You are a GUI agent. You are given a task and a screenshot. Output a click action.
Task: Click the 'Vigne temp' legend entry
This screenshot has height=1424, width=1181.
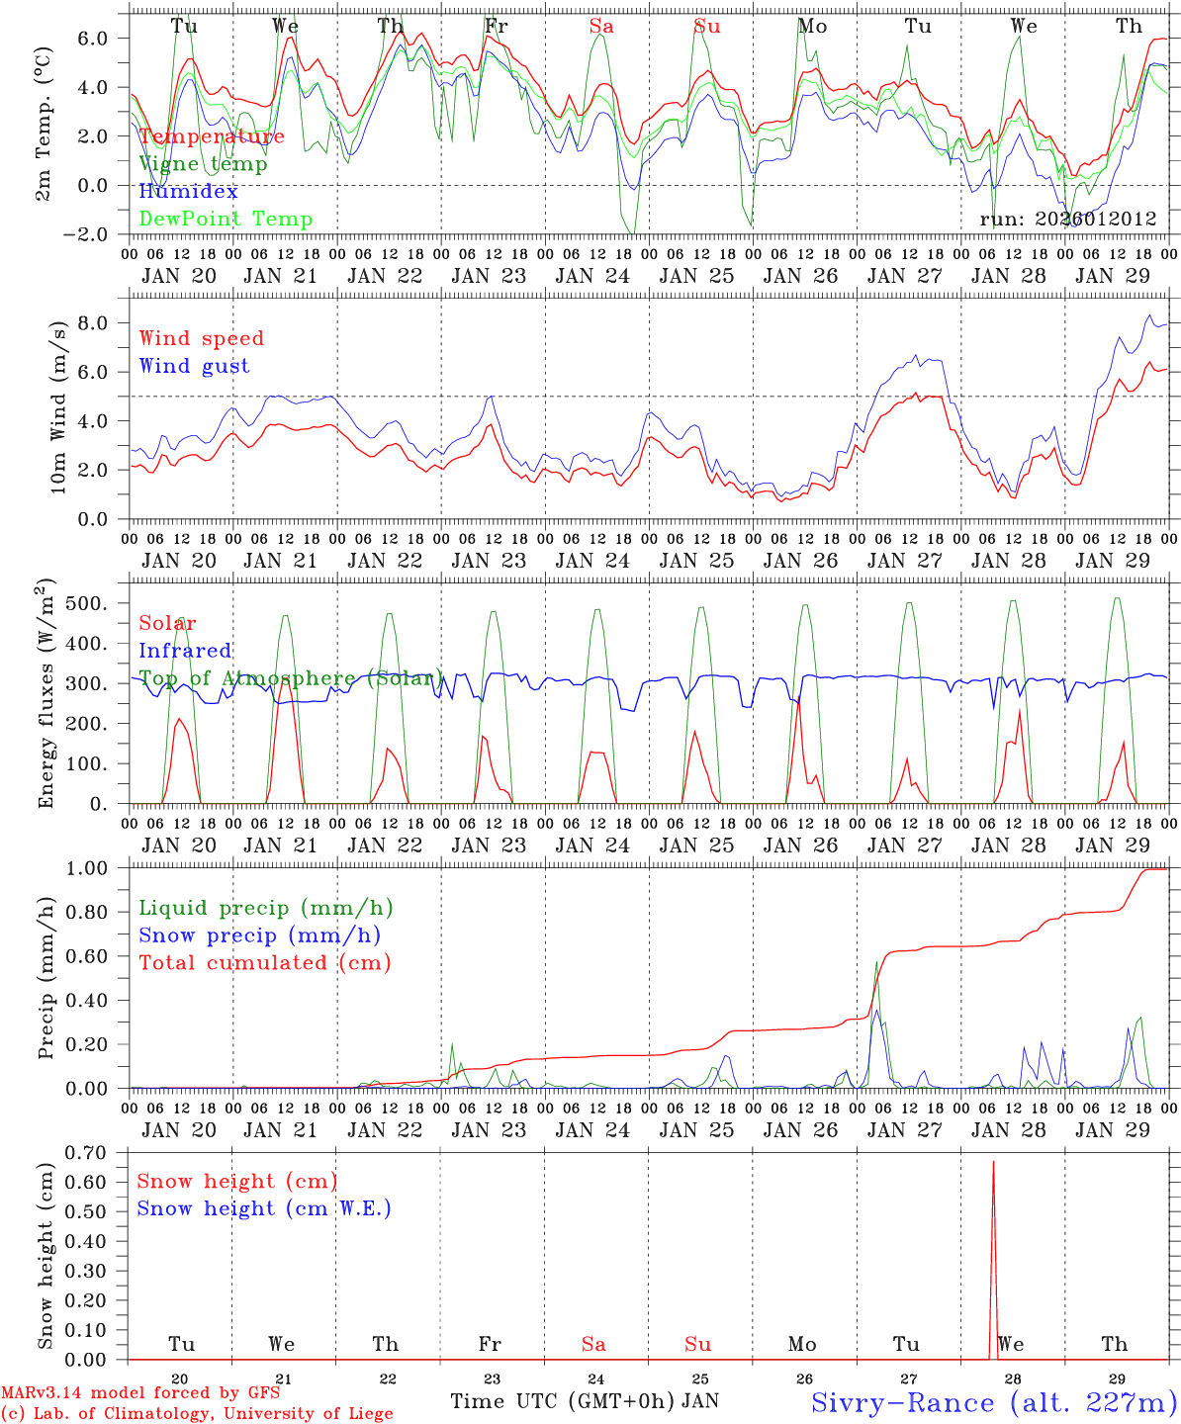click(203, 164)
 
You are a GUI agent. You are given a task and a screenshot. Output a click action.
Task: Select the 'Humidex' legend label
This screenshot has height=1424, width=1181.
click(189, 192)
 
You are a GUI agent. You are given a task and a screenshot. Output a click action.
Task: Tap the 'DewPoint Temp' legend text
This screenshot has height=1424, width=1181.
click(226, 220)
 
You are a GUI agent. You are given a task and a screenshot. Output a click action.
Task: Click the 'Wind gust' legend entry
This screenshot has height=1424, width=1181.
click(194, 366)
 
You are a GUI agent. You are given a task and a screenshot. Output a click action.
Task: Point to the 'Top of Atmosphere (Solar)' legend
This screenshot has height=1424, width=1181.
click(291, 678)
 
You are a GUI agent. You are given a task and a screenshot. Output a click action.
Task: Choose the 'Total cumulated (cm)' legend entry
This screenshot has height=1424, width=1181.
click(264, 962)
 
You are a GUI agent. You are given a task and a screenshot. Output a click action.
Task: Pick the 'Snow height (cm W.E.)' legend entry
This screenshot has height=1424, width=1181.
click(264, 1208)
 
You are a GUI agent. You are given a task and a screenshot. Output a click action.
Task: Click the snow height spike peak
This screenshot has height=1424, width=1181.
click(993, 1162)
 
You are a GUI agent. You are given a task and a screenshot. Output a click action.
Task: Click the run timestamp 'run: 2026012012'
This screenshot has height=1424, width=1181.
click(1067, 220)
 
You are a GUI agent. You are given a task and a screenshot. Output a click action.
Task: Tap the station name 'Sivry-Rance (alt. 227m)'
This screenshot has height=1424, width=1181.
click(993, 1402)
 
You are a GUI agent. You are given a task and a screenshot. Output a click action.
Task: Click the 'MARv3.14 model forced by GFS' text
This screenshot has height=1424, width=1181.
click(140, 1393)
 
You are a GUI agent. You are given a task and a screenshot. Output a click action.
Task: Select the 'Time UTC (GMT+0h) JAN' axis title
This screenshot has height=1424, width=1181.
click(585, 1401)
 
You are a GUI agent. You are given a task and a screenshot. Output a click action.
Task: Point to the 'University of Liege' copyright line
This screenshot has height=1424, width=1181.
click(196, 1414)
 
